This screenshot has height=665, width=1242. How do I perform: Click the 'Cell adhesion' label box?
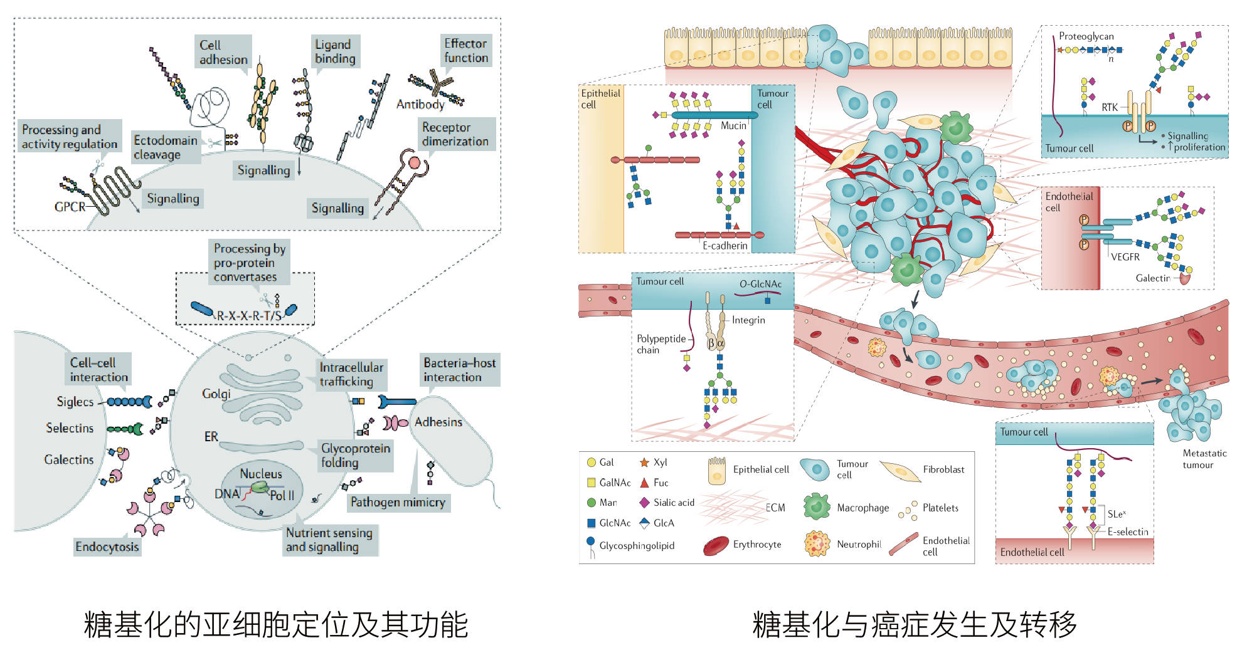(223, 52)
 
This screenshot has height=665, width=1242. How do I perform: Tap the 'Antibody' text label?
(420, 105)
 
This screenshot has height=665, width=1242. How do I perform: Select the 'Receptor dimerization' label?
(455, 134)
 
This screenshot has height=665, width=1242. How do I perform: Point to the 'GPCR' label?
(70, 206)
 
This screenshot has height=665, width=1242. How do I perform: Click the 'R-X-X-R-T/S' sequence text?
(249, 315)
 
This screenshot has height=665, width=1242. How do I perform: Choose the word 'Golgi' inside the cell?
(216, 394)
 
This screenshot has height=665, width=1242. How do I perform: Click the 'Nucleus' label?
(261, 474)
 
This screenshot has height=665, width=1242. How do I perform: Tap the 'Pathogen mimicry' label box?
(398, 502)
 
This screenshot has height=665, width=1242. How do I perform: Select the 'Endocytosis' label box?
(107, 547)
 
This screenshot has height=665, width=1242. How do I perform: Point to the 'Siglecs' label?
(75, 402)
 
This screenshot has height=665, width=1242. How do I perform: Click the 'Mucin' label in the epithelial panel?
(733, 125)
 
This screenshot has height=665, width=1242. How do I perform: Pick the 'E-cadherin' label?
(724, 246)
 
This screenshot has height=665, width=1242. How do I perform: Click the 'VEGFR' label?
(1125, 257)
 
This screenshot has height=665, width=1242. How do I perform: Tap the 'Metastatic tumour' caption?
(1204, 459)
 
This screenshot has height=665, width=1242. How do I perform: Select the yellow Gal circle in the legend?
(591, 463)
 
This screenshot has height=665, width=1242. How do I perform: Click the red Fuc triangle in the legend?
(644, 483)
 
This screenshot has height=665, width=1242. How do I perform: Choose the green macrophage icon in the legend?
(816, 506)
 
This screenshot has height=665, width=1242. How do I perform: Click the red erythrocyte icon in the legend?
(716, 545)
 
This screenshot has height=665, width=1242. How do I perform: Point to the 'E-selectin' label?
(1127, 531)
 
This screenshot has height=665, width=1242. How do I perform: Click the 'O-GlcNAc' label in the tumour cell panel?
(760, 284)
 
